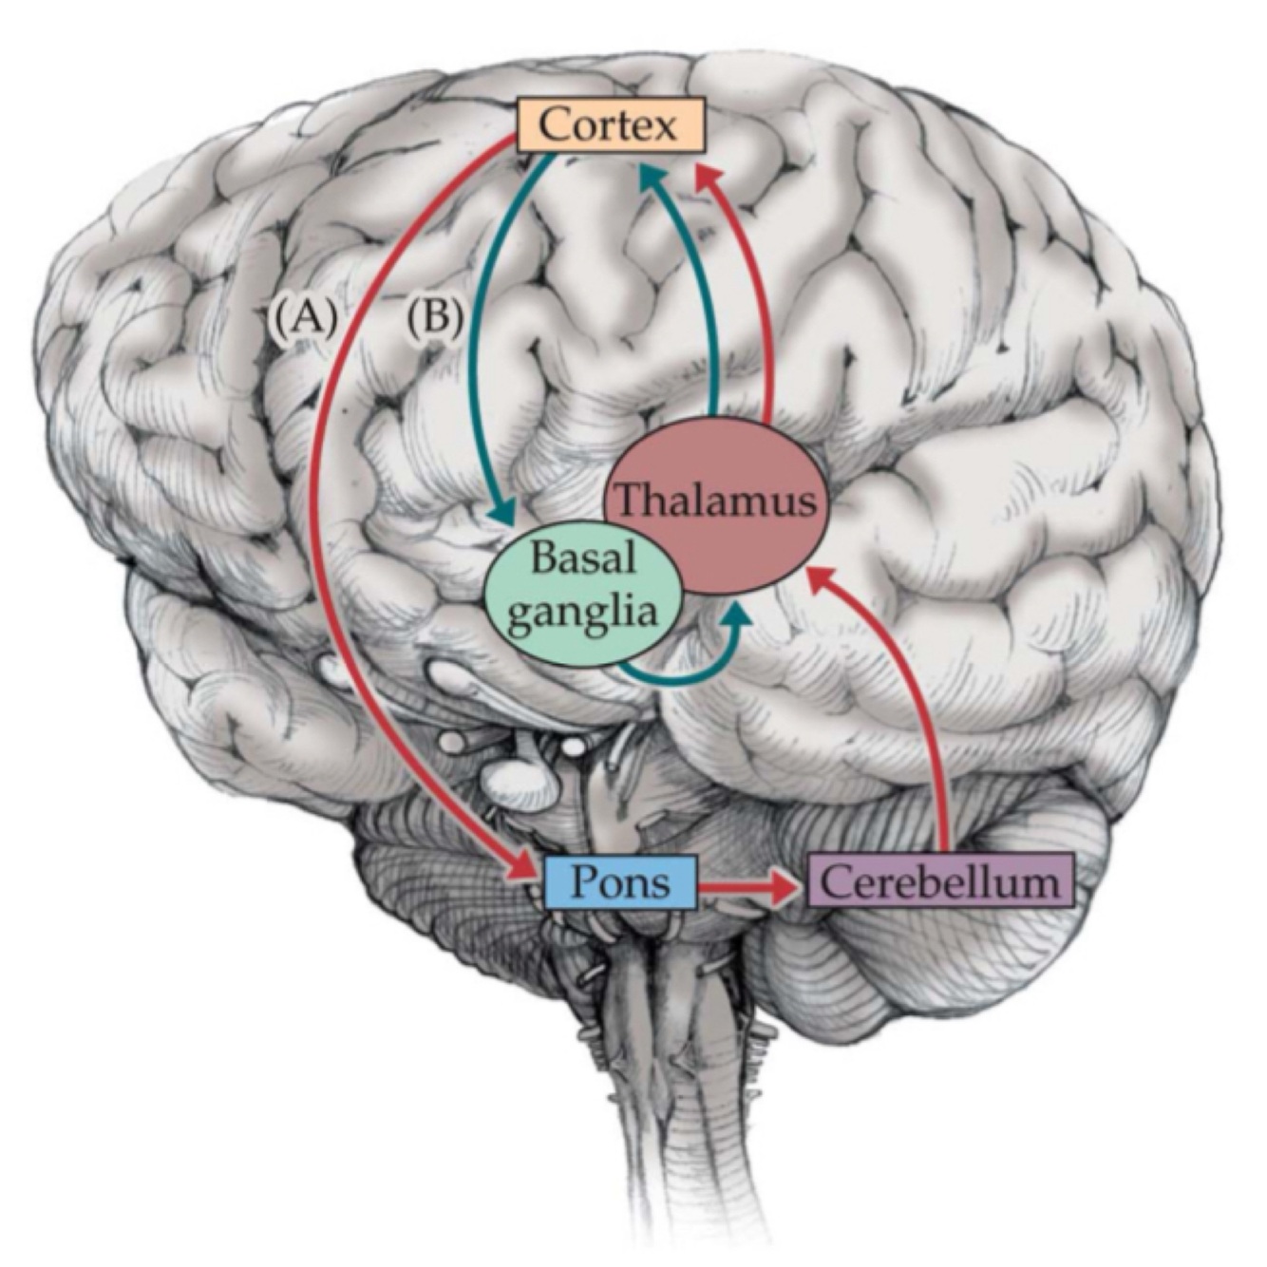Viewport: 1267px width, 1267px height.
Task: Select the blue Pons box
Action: pos(622,881)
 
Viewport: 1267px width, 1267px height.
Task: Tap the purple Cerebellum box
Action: pos(939,881)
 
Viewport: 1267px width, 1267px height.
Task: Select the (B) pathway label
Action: pos(435,317)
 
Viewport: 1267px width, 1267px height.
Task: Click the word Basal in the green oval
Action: pos(581,558)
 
